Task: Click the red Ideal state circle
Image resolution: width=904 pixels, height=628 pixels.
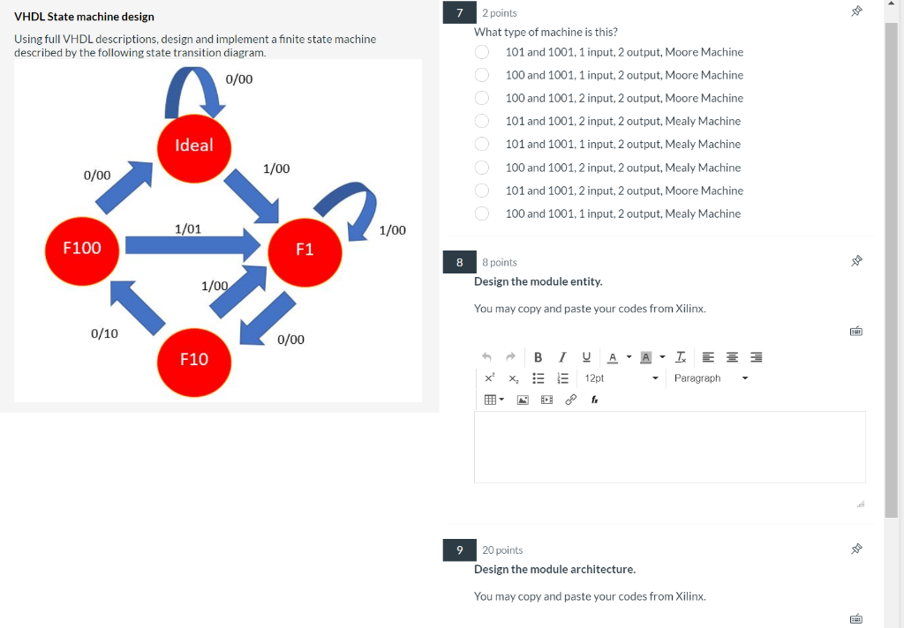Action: (194, 148)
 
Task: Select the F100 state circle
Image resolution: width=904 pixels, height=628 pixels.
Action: (82, 251)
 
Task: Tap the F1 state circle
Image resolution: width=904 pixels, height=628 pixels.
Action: (305, 252)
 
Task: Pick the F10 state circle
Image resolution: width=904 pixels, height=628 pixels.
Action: (194, 363)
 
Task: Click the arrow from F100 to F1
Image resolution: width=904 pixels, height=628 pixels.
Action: (193, 245)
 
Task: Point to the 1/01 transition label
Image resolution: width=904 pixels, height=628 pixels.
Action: (188, 228)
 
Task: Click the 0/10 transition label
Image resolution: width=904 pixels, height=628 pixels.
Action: (104, 333)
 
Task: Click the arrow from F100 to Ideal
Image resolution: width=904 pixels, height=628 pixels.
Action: (124, 188)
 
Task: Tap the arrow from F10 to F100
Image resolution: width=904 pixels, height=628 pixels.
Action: (137, 308)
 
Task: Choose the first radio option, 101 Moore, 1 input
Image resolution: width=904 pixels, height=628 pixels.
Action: (481, 52)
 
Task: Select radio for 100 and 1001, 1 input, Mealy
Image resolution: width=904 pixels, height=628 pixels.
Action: (481, 213)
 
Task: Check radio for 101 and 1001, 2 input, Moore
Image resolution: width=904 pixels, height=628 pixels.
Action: (481, 191)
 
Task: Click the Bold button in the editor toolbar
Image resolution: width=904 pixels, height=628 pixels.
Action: (538, 357)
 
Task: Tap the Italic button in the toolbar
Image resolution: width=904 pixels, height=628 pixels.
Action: (562, 357)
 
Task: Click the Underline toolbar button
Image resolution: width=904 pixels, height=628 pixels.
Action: (586, 357)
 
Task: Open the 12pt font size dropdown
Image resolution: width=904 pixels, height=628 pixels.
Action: (621, 378)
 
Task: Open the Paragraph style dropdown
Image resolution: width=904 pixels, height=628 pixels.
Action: (711, 378)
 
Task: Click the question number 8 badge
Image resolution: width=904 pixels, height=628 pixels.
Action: (459, 262)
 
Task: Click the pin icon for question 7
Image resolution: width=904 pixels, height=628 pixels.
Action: (856, 11)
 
